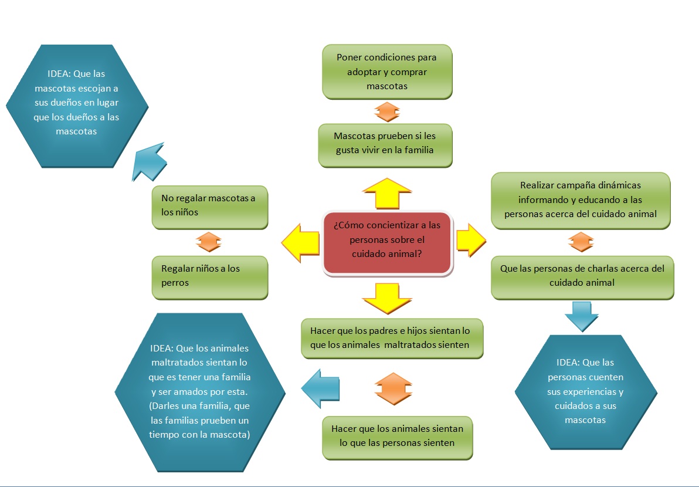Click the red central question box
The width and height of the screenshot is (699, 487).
point(388,243)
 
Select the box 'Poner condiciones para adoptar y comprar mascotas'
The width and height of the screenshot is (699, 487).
point(387,72)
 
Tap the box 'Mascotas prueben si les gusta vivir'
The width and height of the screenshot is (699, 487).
point(385,144)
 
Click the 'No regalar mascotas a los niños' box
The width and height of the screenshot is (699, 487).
point(209,207)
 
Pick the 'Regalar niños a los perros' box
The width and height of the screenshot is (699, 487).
point(209,277)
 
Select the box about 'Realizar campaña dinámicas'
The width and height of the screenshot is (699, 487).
point(580,199)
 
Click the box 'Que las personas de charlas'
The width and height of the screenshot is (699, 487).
point(582,276)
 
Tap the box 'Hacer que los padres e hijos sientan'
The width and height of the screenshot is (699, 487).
point(392,338)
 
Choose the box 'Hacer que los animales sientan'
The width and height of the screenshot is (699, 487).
point(397,437)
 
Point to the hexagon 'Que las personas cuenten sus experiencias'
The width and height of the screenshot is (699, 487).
point(585,391)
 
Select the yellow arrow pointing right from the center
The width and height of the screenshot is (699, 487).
point(471,239)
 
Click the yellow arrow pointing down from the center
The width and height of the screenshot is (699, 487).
point(387,298)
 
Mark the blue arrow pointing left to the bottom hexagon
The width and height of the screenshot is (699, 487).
point(321,388)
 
